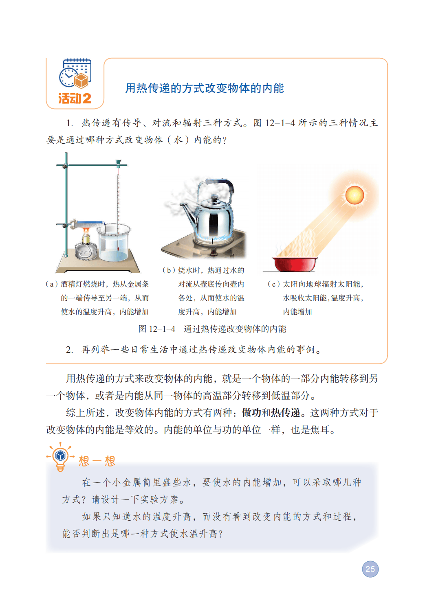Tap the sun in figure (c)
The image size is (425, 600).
pos(355,195)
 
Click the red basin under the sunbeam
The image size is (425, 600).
pos(295,264)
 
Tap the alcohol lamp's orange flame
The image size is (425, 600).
pos(86,230)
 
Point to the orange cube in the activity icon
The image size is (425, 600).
pos(81,81)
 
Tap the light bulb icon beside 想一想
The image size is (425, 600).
pos(60,457)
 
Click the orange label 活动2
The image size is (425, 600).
pos(75,99)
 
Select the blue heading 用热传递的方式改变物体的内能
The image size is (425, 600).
pos(205,88)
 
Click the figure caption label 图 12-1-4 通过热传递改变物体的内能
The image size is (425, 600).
pos(212,328)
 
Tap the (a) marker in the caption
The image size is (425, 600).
pos(52,284)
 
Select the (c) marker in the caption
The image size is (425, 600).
pos(274,284)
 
